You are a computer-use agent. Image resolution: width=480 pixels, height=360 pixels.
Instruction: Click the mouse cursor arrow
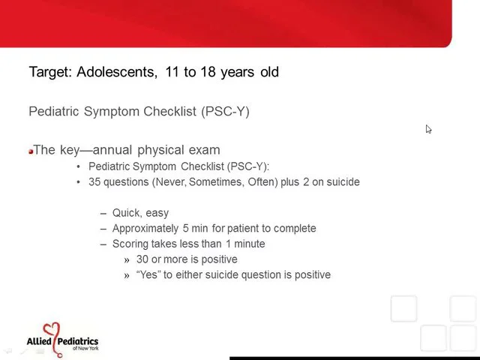[428, 129]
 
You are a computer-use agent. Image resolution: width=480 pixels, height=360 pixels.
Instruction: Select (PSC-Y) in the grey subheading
[225, 112]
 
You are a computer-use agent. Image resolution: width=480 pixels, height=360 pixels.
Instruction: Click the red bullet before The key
[31, 151]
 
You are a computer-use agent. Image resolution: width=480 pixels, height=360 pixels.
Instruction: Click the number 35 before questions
[94, 181]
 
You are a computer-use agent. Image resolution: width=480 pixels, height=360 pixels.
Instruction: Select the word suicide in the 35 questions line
[341, 181]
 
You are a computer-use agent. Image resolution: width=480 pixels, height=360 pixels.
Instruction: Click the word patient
[238, 228]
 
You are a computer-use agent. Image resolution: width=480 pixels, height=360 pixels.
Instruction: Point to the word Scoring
[131, 244]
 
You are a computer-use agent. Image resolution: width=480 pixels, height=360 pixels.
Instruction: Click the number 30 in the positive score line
[142, 259]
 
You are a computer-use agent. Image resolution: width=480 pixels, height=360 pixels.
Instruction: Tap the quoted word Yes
[148, 274]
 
